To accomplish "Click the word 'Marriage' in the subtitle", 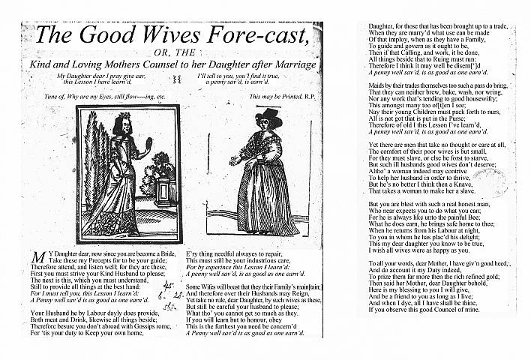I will coord(294,65).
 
